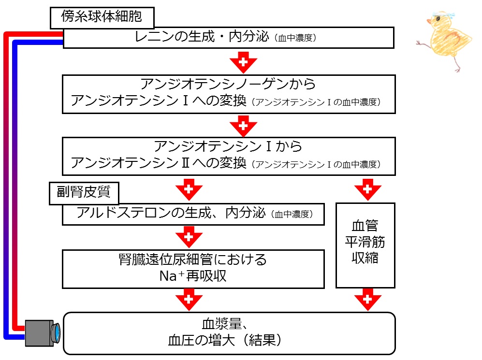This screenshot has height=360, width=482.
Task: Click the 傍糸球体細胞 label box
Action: point(102,17)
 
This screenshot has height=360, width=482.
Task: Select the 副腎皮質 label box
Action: point(84,193)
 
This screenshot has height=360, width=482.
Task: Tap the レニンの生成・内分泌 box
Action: point(228,38)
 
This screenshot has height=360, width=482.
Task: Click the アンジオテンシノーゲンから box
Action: point(229,94)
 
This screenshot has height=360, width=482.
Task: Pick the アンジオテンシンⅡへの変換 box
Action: point(229,157)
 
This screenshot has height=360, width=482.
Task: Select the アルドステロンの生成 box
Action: point(193,214)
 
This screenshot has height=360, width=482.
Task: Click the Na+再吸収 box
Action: point(193,269)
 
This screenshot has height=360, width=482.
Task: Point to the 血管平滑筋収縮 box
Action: point(365,245)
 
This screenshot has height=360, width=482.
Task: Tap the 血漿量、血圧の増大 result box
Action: point(229,333)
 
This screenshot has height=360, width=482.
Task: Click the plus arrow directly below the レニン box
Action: point(243,62)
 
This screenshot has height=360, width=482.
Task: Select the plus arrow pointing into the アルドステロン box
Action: point(189,189)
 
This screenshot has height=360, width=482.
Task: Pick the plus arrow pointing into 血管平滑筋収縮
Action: point(367,189)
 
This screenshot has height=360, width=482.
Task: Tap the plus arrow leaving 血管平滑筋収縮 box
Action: point(367,300)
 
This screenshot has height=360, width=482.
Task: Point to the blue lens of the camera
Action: point(57,333)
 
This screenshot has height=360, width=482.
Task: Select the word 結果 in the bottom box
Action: point(262,340)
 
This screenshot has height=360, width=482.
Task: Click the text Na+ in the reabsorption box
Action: point(172,276)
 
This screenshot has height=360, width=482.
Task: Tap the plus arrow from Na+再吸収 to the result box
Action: point(189,300)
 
